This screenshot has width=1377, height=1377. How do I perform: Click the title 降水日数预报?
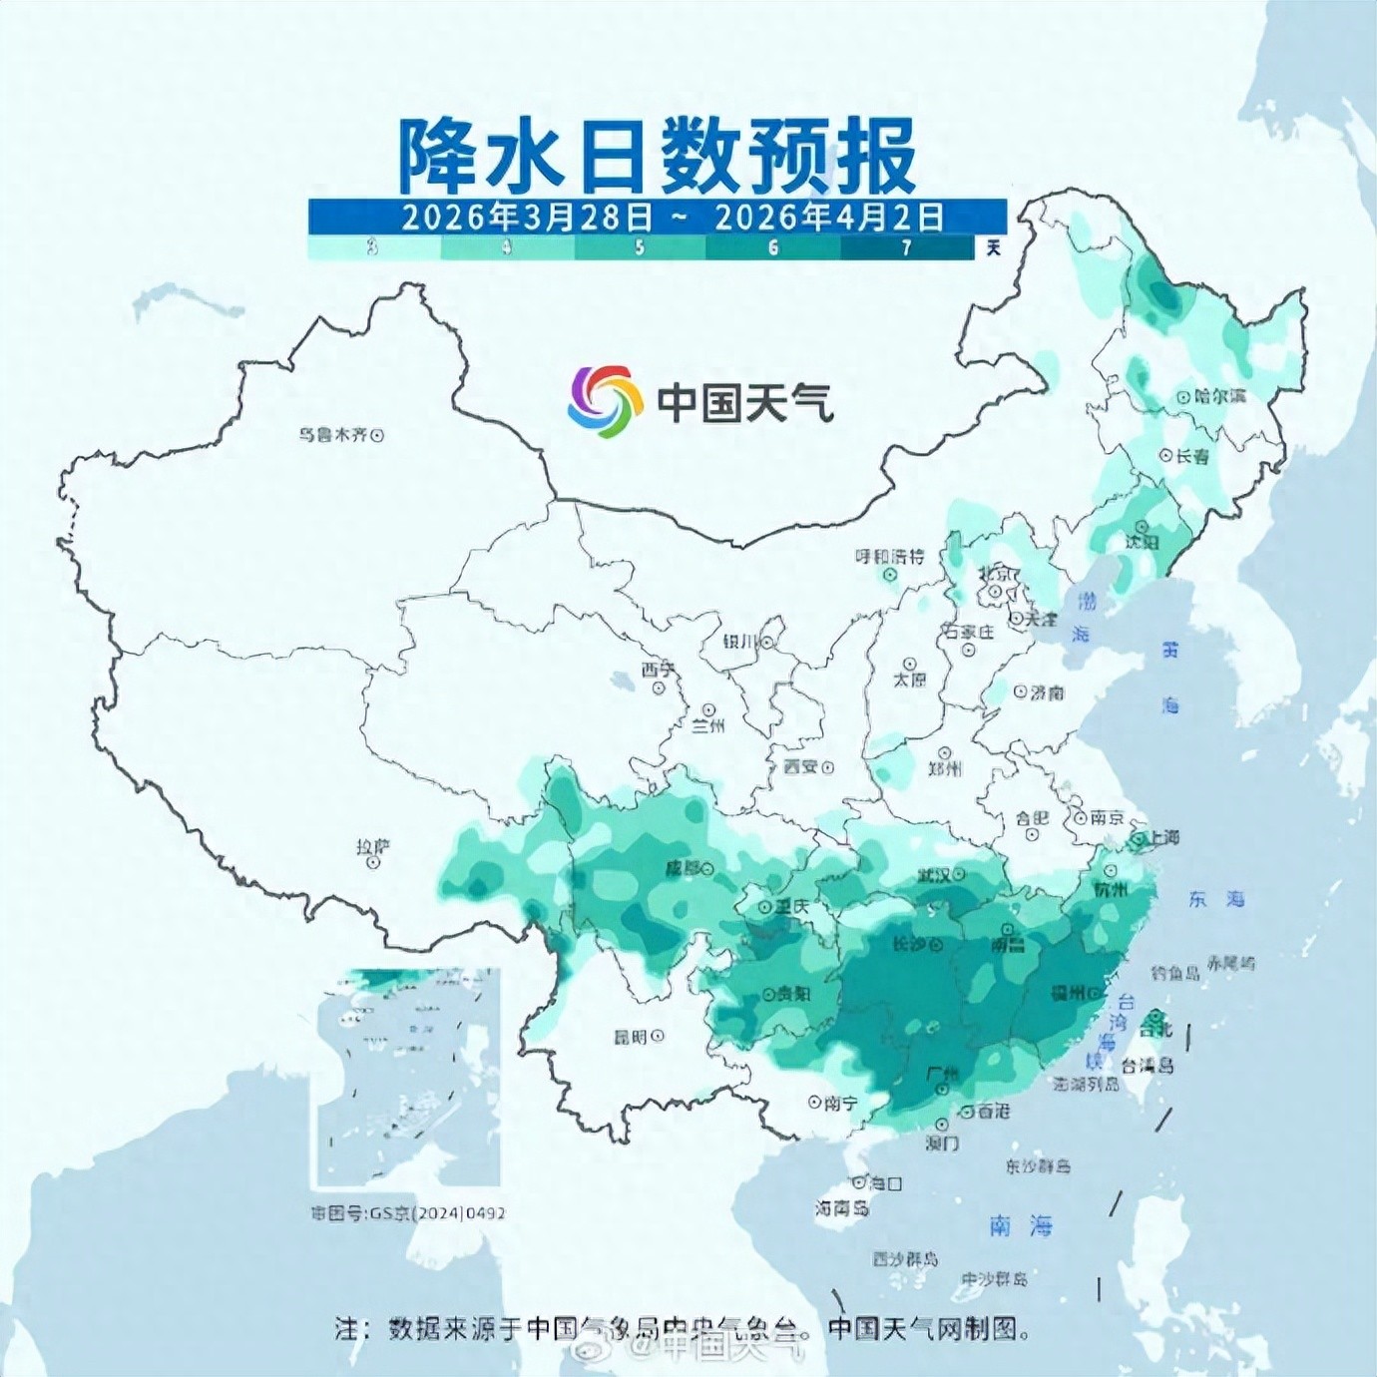pyautogui.click(x=658, y=156)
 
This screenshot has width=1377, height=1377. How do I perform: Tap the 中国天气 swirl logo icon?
pyautogui.click(x=605, y=401)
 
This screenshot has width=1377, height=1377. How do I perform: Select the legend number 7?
pyautogui.click(x=906, y=247)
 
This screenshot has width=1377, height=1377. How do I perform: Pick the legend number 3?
pyautogui.click(x=372, y=247)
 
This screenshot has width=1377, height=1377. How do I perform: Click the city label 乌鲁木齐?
pyautogui.click(x=333, y=435)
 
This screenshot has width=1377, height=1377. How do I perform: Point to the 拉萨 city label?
pyautogui.click(x=373, y=847)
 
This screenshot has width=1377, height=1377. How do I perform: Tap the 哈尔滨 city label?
pyautogui.click(x=1219, y=396)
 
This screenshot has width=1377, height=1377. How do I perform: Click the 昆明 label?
pyautogui.click(x=631, y=1037)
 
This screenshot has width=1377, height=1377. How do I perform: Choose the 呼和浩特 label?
pyautogui.click(x=889, y=557)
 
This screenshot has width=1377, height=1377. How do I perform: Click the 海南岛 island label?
pyautogui.click(x=841, y=1208)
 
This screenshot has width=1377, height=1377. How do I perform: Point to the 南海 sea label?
pyautogui.click(x=1020, y=1225)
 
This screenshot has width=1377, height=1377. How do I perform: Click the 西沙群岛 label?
pyautogui.click(x=905, y=1259)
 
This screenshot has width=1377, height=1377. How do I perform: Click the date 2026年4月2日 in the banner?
pyautogui.click(x=828, y=217)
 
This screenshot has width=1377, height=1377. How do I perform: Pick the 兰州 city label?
pyautogui.click(x=707, y=726)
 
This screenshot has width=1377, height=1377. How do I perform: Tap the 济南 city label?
pyautogui.click(x=1047, y=691)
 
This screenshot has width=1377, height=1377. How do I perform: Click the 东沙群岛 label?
pyautogui.click(x=1038, y=1165)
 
